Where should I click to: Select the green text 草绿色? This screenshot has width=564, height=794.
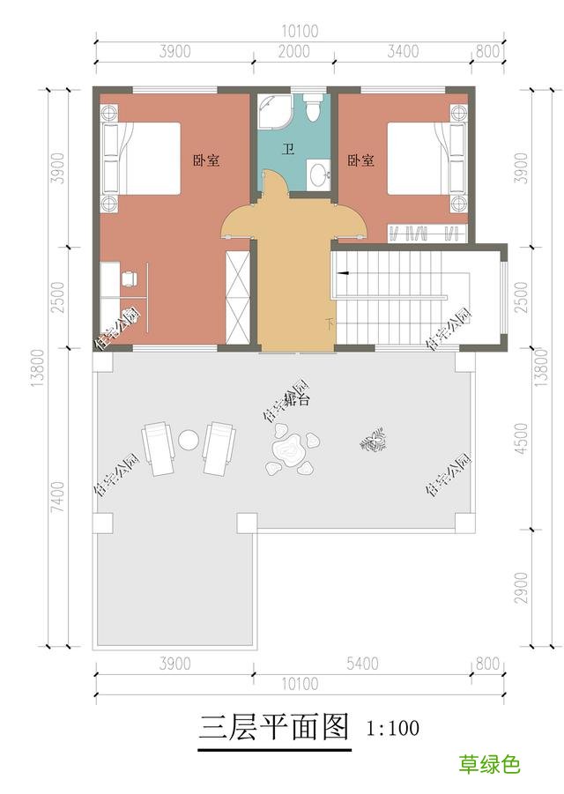tap(489, 764)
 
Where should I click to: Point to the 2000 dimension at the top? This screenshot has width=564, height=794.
tap(293, 52)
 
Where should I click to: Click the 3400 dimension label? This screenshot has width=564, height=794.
tap(402, 52)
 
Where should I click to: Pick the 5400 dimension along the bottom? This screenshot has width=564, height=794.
tap(362, 663)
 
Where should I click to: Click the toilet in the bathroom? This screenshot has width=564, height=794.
tap(311, 110)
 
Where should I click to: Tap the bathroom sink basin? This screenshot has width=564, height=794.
tap(318, 174)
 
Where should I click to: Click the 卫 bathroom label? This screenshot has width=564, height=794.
tap(287, 150)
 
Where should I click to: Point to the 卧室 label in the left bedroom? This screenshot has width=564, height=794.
tap(206, 160)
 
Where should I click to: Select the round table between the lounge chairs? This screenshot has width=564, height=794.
tap(189, 439)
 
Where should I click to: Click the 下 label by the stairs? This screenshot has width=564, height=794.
tap(330, 323)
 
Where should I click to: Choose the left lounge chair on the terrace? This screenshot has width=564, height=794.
tap(160, 448)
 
